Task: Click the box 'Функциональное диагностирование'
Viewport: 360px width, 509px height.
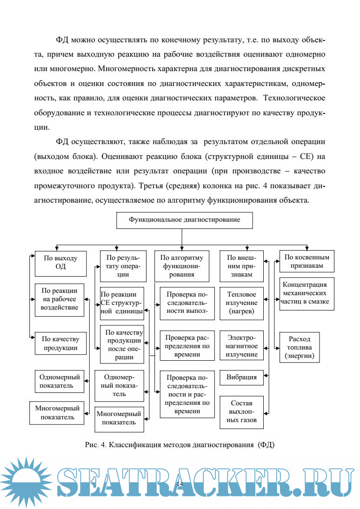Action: (x=185, y=220)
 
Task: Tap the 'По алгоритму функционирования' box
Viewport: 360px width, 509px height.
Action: (x=182, y=266)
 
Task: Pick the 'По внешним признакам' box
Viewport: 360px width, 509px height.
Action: (x=242, y=266)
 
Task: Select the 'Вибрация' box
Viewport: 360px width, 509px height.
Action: (x=242, y=377)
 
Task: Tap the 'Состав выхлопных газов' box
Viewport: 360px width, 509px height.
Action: (x=242, y=412)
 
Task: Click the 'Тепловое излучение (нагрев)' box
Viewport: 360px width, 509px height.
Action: (x=242, y=303)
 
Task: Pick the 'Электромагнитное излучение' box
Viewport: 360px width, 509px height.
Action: (x=242, y=345)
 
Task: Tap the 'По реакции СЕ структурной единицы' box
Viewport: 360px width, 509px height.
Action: (x=122, y=303)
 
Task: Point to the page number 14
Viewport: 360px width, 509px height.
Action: (x=180, y=484)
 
